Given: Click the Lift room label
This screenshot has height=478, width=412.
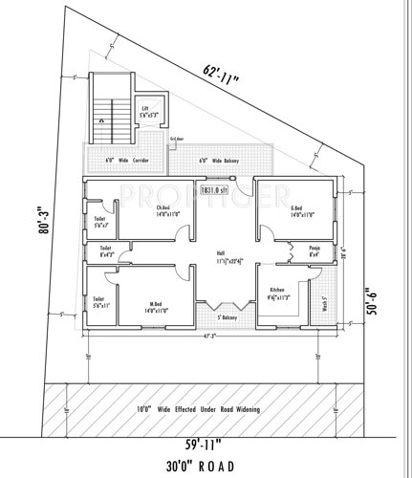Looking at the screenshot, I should (x=144, y=112).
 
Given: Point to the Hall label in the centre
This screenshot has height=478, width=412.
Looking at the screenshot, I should (x=228, y=256).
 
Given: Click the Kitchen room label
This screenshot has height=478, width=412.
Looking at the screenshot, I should (x=278, y=293).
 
